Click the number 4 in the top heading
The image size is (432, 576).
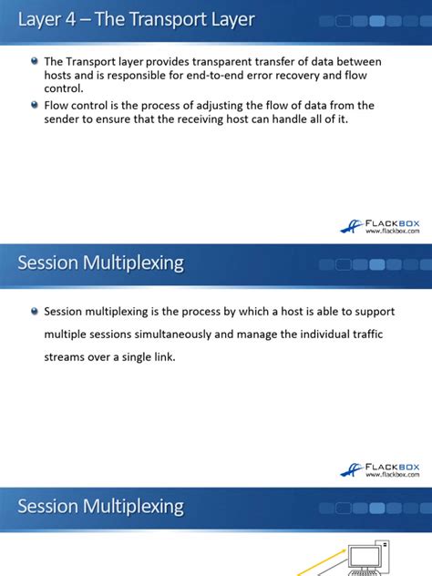(70, 19)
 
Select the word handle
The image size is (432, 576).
(289, 119)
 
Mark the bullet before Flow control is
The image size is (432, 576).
(35, 106)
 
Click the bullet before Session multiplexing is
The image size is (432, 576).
(35, 312)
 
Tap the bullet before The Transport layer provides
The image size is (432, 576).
(35, 61)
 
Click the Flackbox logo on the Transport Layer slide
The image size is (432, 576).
(379, 226)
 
